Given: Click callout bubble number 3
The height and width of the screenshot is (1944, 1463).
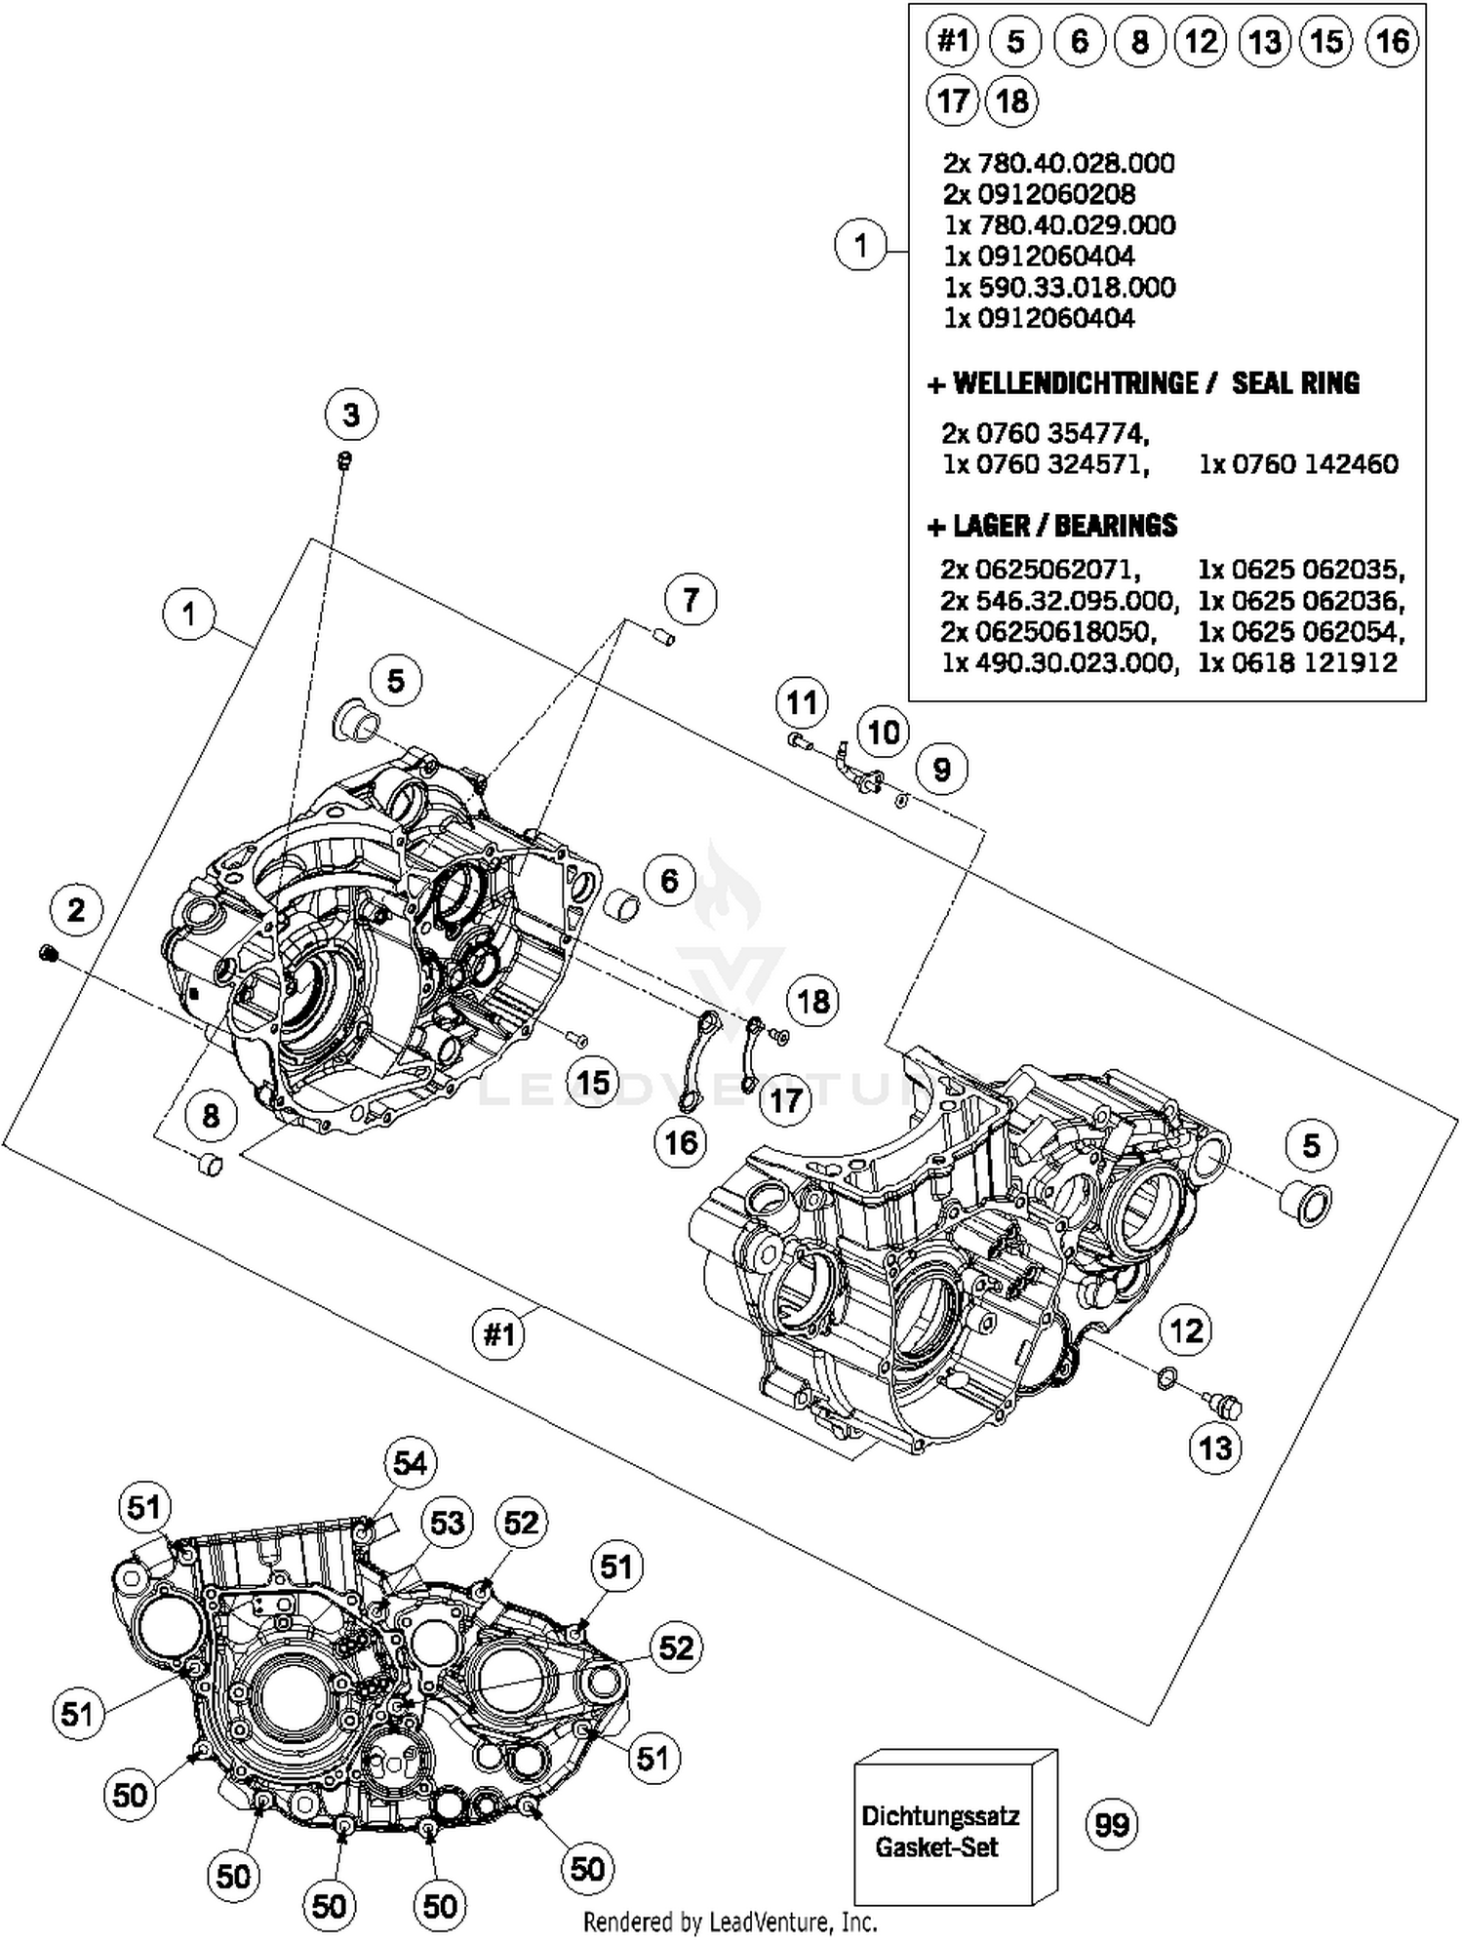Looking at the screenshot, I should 351,416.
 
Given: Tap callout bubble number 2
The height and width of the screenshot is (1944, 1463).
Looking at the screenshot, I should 76,911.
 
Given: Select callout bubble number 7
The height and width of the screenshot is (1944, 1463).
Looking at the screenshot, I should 691,599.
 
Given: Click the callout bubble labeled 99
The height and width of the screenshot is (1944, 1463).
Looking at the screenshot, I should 1112,1825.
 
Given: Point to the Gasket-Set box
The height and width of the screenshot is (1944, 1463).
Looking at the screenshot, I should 942,1832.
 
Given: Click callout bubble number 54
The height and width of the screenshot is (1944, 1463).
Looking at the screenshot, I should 410,1463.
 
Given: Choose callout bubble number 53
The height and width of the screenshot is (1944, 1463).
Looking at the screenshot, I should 447,1523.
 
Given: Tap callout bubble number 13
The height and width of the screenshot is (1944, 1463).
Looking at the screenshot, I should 1215,1448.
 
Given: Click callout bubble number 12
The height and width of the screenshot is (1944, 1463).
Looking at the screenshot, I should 1186,1330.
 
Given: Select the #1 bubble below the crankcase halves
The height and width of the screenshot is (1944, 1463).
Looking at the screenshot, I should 499,1333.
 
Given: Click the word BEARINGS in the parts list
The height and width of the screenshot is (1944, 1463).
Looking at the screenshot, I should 1115,526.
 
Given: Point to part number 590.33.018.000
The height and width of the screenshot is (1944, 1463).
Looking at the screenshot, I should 1060,288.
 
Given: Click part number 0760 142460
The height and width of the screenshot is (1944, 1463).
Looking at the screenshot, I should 1298,464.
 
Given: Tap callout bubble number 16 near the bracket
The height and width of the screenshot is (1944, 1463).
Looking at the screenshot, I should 681,1141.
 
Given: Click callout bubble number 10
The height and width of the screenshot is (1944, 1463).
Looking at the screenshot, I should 884,732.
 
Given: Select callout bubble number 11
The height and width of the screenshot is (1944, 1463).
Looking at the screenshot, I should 802,702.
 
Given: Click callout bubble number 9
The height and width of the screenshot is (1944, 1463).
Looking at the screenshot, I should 941,770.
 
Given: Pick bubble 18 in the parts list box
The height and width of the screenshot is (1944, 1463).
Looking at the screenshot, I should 1012,100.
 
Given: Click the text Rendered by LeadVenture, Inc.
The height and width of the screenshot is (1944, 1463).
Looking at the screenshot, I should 731,1923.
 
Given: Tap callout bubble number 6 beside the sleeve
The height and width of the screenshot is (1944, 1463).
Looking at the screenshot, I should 669,881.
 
